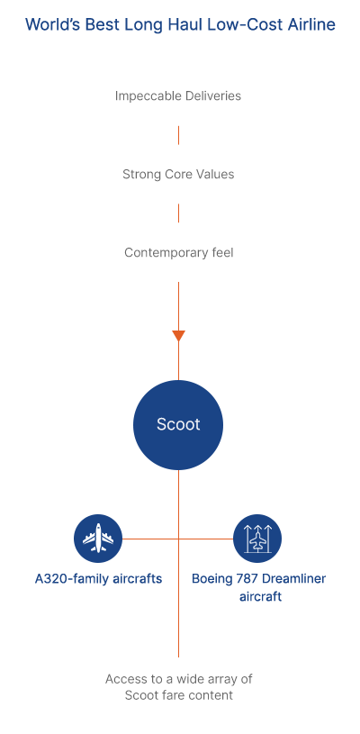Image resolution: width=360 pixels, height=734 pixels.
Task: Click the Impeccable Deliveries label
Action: [x=178, y=96]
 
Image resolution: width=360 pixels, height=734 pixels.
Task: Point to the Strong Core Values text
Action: [x=178, y=175]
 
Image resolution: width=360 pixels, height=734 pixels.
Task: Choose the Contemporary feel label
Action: [x=178, y=253]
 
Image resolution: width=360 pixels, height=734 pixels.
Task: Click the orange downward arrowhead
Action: [x=178, y=336]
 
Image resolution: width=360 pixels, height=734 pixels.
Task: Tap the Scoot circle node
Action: [x=178, y=424]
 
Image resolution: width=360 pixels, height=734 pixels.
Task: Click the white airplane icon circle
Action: [x=98, y=539]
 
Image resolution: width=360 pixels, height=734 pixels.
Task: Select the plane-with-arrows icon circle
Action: [x=257, y=539]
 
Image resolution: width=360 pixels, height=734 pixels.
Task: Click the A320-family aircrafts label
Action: [x=98, y=579]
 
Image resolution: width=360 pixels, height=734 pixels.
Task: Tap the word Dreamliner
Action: [x=293, y=578]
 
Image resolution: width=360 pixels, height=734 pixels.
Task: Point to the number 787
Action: [x=246, y=578]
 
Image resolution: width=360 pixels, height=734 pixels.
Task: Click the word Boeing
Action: [x=211, y=579]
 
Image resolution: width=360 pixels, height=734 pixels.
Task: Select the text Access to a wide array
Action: [x=178, y=679]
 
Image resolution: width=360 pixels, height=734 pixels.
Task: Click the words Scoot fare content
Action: [x=178, y=695]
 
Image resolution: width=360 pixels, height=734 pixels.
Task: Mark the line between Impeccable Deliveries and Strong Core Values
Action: [x=178, y=135]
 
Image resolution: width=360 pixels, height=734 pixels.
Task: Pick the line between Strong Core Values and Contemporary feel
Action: [x=178, y=213]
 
